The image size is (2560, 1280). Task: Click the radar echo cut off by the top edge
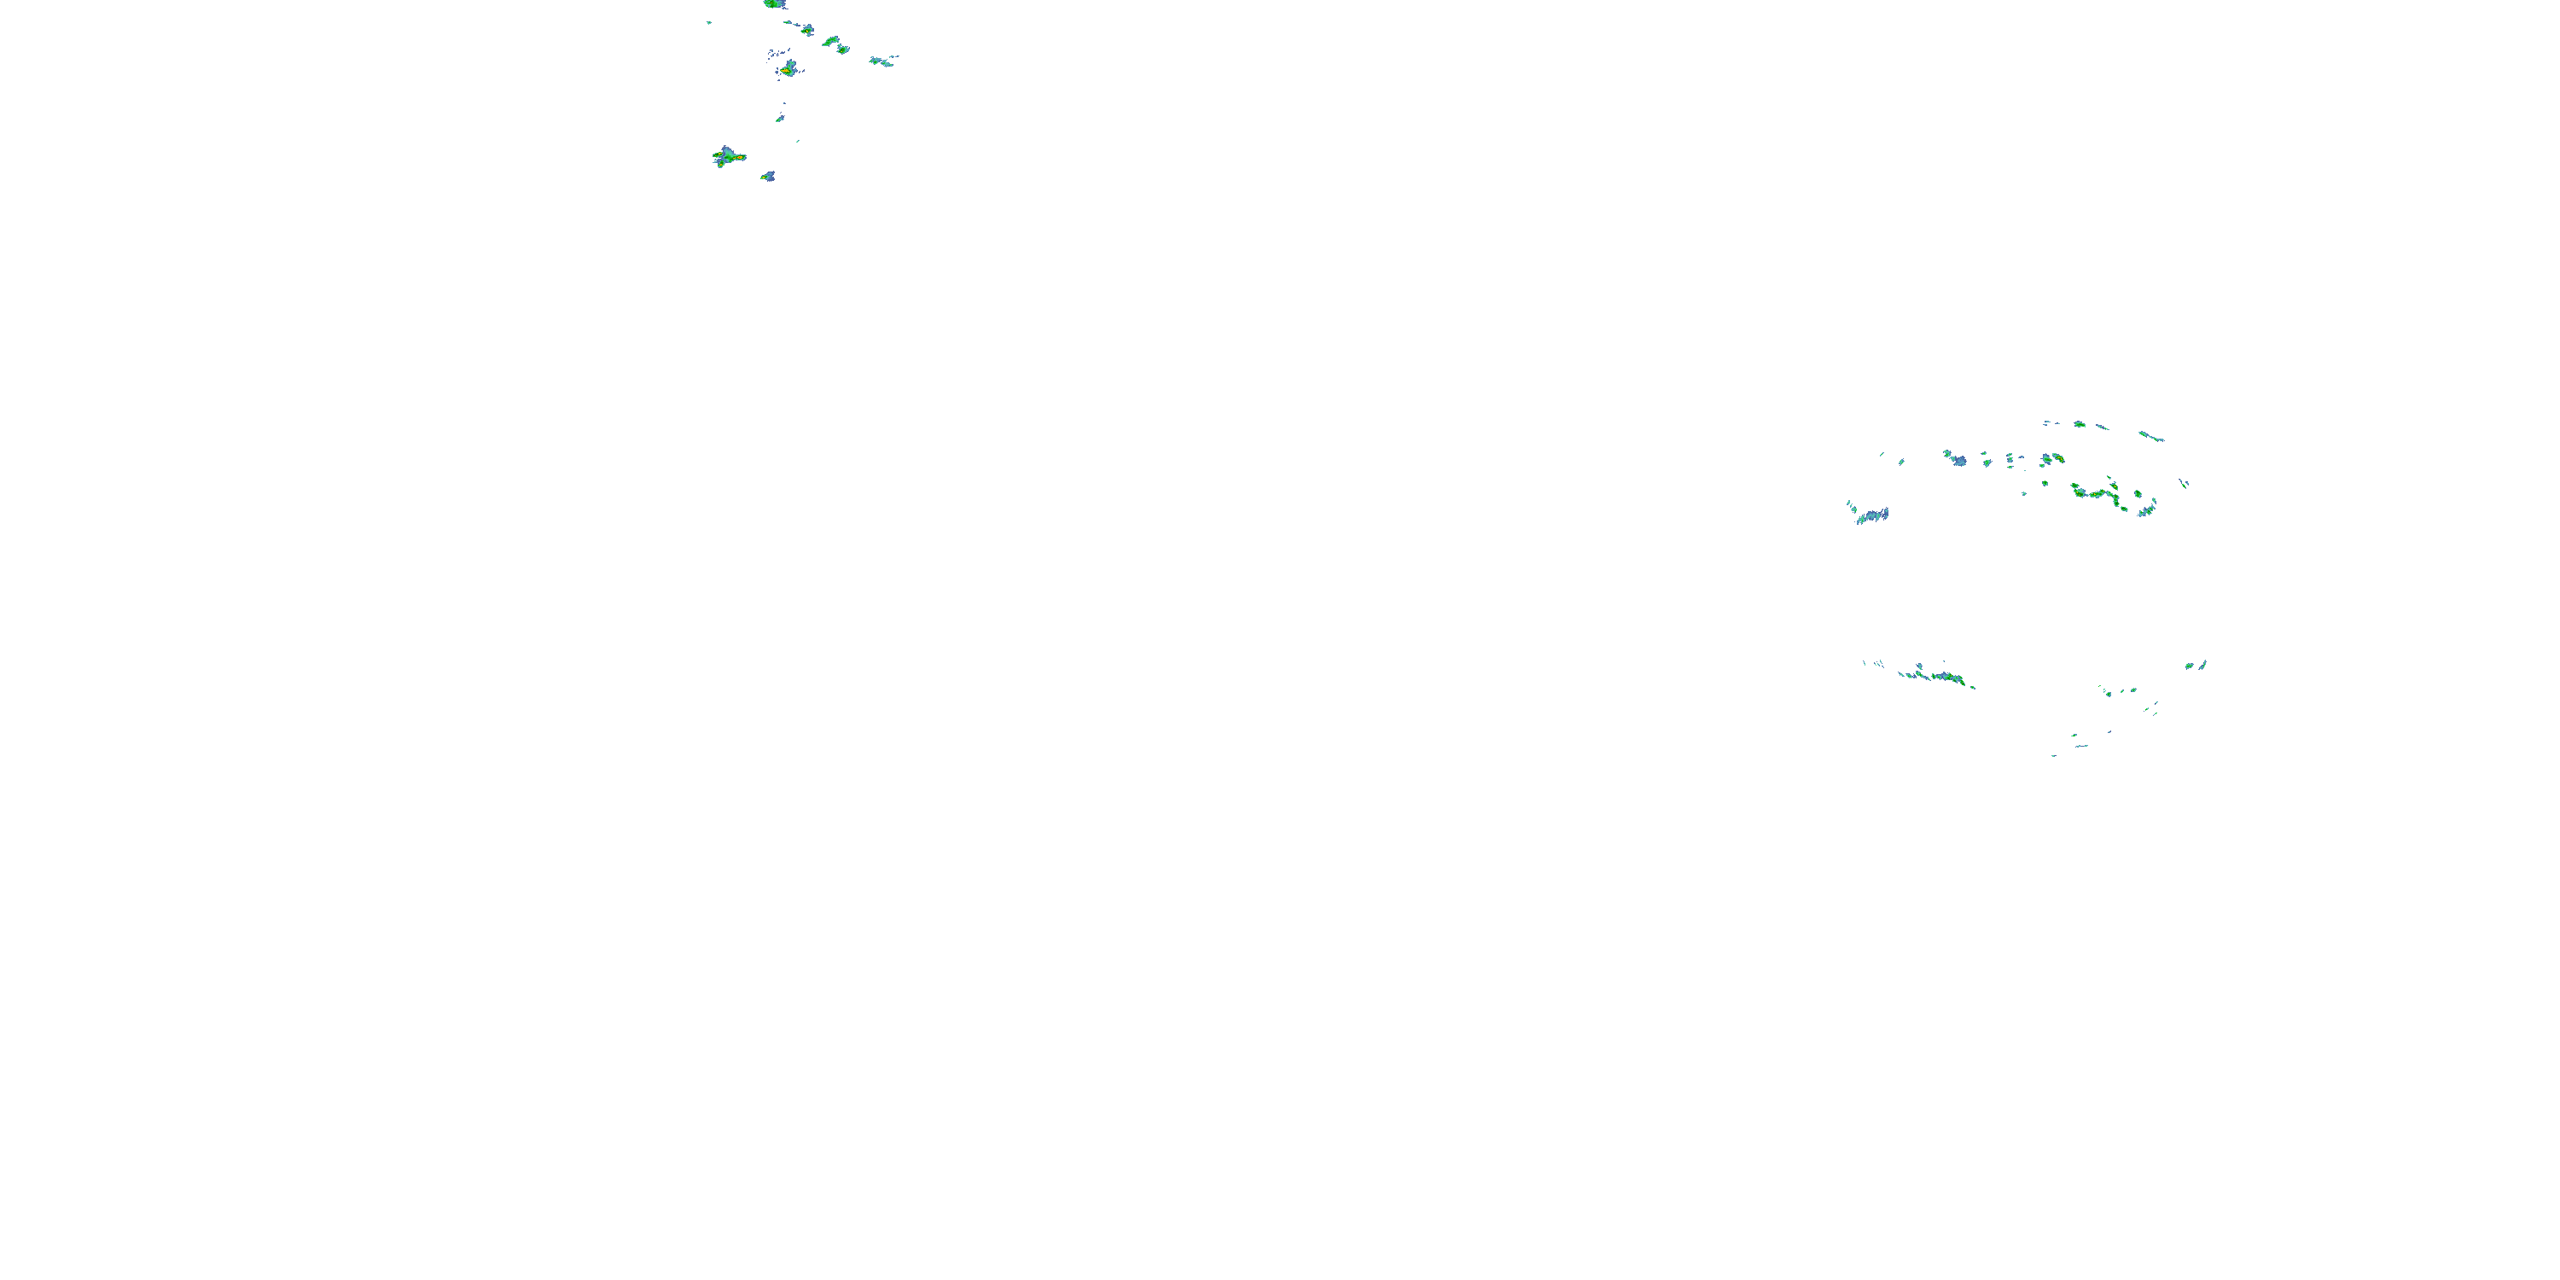point(774,4)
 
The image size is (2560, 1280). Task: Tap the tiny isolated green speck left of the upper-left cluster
point(708,22)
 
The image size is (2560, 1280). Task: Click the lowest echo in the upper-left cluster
point(767,177)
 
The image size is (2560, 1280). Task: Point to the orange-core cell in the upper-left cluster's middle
point(788,70)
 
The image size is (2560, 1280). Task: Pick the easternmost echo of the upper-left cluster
point(881,61)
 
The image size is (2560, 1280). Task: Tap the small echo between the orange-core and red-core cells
point(780,117)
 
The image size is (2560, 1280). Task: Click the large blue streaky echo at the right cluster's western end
point(1871,515)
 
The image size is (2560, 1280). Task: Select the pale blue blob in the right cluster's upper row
point(1957,459)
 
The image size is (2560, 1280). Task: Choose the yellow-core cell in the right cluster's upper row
point(2053,458)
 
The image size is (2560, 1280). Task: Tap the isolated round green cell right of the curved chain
point(2138,494)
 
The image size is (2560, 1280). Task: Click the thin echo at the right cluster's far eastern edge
point(2184,484)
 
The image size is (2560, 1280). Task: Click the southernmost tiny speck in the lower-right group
point(2054,755)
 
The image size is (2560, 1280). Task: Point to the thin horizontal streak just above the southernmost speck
point(2080,744)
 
